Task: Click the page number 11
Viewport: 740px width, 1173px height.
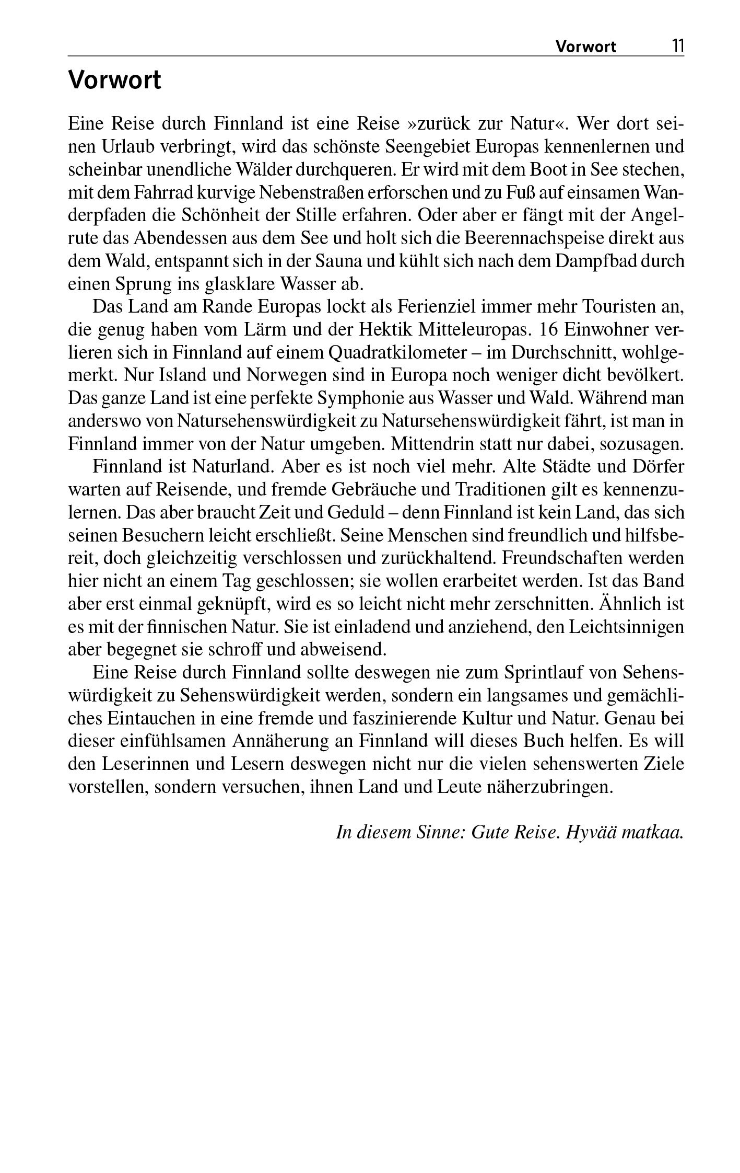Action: coord(677,46)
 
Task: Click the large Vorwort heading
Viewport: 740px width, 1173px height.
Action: coord(115,81)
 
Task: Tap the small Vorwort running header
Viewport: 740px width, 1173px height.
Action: coord(585,47)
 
